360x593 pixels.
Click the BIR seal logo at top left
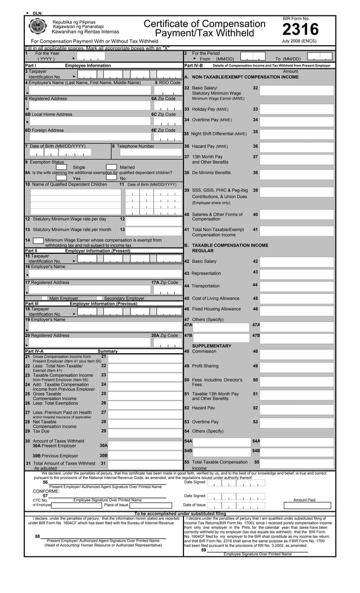[x=38, y=27]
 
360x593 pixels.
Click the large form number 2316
[x=300, y=30]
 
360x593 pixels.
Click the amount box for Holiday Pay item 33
[x=296, y=109]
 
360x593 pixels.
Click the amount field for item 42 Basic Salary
[x=296, y=262]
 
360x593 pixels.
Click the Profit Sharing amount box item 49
[x=296, y=367]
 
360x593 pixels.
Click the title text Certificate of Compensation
[x=204, y=24]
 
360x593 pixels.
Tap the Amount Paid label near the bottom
[x=304, y=500]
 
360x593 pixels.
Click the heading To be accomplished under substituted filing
[x=180, y=513]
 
